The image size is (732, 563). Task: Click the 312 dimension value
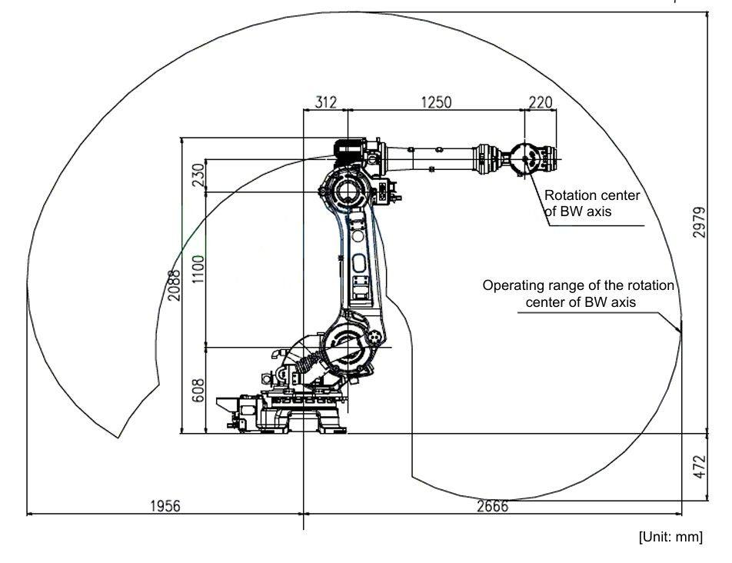[325, 102]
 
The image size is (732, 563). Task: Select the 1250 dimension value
[437, 102]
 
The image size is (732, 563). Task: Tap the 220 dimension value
[541, 102]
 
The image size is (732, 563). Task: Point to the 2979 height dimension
[699, 222]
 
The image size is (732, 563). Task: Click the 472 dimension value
[699, 466]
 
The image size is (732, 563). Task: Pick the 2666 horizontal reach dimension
[492, 505]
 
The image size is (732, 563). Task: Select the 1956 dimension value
[165, 505]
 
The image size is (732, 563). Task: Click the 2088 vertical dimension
[174, 285]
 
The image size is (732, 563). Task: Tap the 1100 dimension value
[198, 269]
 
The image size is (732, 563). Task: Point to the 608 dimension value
[198, 390]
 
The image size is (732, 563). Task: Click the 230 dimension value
[198, 175]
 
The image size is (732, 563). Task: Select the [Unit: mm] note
[670, 537]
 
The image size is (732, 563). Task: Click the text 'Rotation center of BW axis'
[592, 203]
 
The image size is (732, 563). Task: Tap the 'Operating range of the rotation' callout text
[578, 285]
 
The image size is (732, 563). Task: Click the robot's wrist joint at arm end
[524, 158]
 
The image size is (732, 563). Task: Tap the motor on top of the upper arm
[350, 149]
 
